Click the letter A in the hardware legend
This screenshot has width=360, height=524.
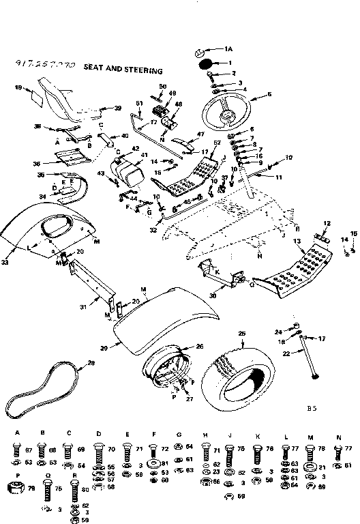[17, 433]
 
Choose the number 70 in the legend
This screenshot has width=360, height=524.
[111, 450]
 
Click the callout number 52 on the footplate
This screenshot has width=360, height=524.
[217, 142]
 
